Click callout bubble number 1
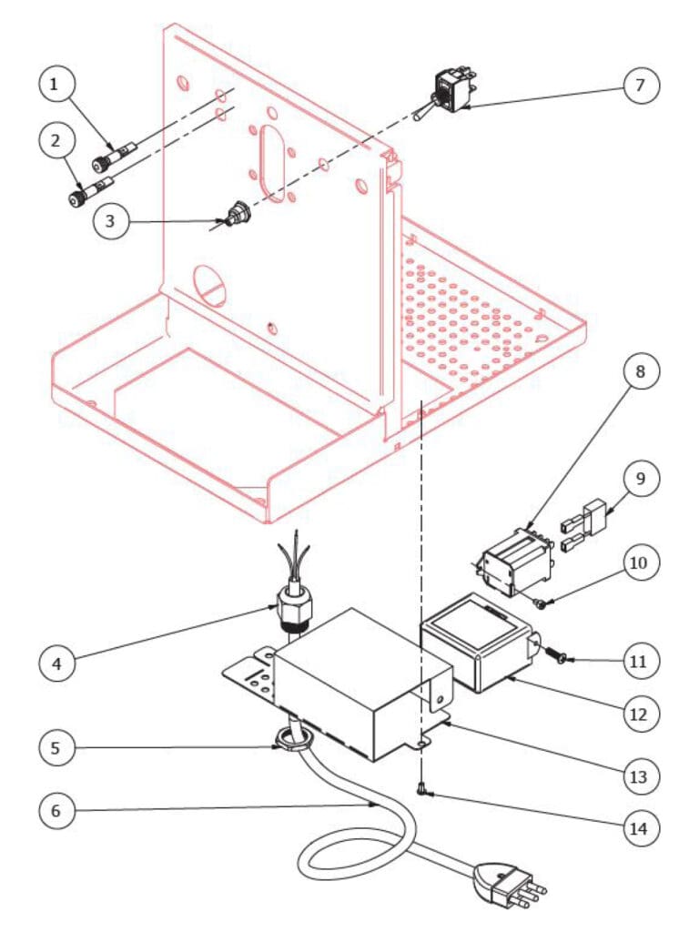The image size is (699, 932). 56,86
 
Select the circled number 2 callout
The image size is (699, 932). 56,142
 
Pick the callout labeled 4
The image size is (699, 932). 56,664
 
